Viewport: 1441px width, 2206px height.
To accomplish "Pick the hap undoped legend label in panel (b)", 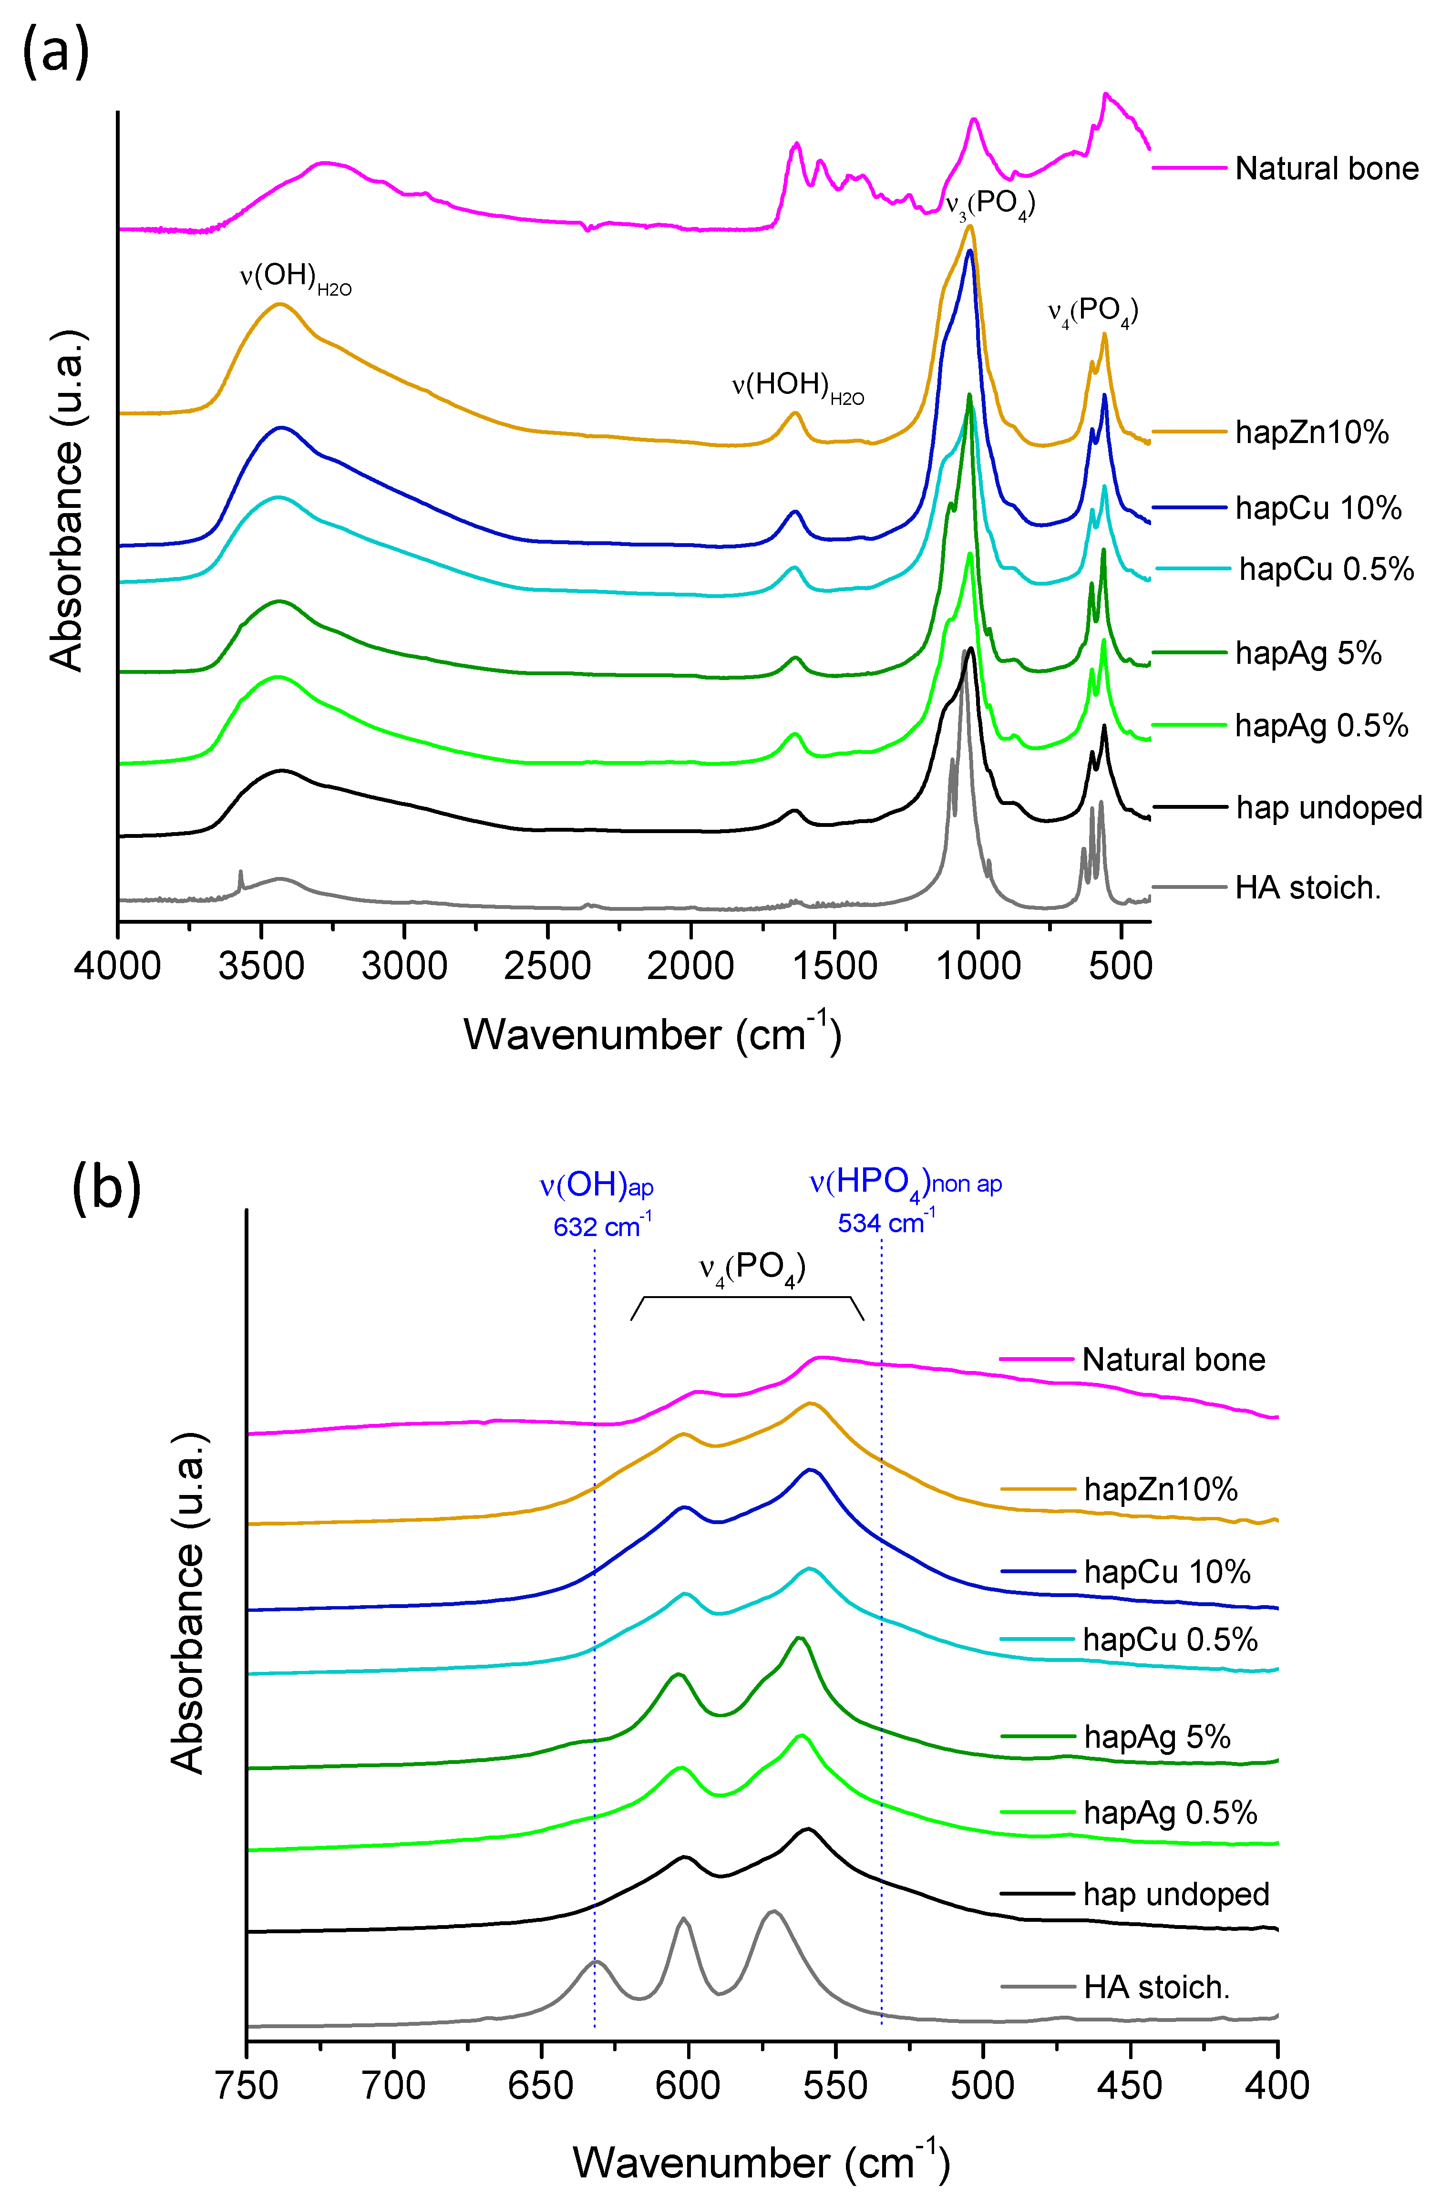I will click(x=1176, y=1894).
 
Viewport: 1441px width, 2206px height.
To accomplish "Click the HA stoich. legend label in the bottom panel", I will click(x=1156, y=1987).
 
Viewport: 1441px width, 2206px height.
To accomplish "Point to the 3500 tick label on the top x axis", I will click(x=261, y=967).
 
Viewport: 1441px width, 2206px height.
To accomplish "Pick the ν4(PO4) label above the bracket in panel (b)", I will click(x=751, y=1269).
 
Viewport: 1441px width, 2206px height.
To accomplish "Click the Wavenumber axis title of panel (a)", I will click(x=652, y=1033).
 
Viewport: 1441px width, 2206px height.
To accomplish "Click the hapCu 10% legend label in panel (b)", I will click(x=1167, y=1572).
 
